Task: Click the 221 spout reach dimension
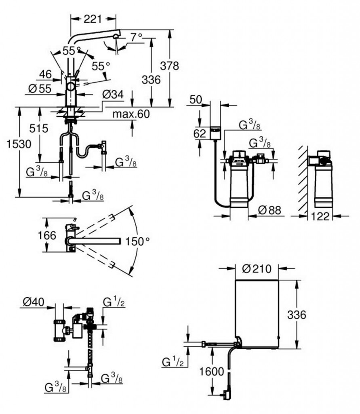[x=93, y=18]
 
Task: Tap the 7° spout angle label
[x=136, y=38]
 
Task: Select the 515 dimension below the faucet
[x=38, y=129]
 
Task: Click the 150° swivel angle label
[x=135, y=241]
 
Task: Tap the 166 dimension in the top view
[x=47, y=235]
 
